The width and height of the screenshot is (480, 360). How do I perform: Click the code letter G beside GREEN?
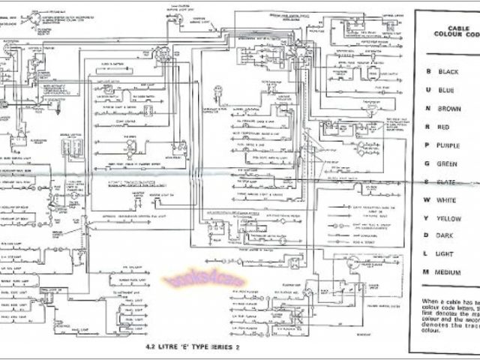click(427, 163)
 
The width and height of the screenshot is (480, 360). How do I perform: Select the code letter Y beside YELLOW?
click(427, 217)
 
